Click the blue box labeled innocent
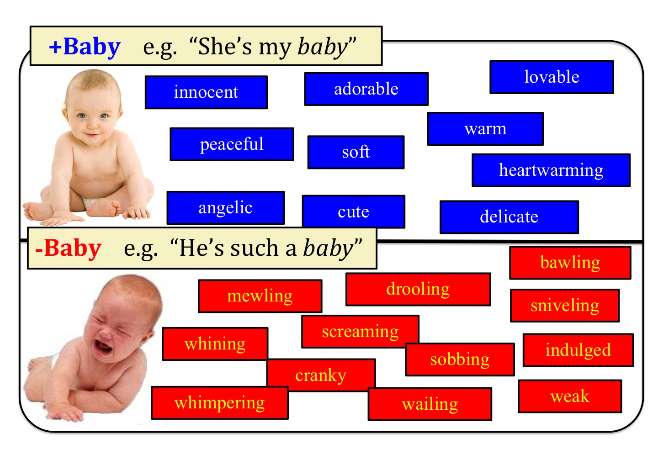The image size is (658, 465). click(x=206, y=92)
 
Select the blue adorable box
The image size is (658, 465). click(x=366, y=89)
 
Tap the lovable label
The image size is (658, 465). click(x=552, y=77)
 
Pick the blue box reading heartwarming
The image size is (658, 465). click(x=551, y=170)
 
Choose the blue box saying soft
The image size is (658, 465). click(x=356, y=152)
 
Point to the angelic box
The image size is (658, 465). click(x=226, y=208)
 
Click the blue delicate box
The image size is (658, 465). click(x=509, y=217)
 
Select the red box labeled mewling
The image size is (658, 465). click(x=260, y=296)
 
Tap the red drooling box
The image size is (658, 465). click(x=418, y=290)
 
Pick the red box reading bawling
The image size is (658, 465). click(x=570, y=263)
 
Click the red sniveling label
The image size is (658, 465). click(x=565, y=306)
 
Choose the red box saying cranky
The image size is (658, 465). click(x=321, y=375)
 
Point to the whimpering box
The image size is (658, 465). click(x=220, y=403)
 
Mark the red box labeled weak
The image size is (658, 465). click(x=570, y=396)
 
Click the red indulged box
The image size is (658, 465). click(x=578, y=350)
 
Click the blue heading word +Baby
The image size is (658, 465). click(x=85, y=47)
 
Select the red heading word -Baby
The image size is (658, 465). click(x=68, y=248)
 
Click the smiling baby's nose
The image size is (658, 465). click(x=93, y=124)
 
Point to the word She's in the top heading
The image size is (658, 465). click(x=225, y=47)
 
